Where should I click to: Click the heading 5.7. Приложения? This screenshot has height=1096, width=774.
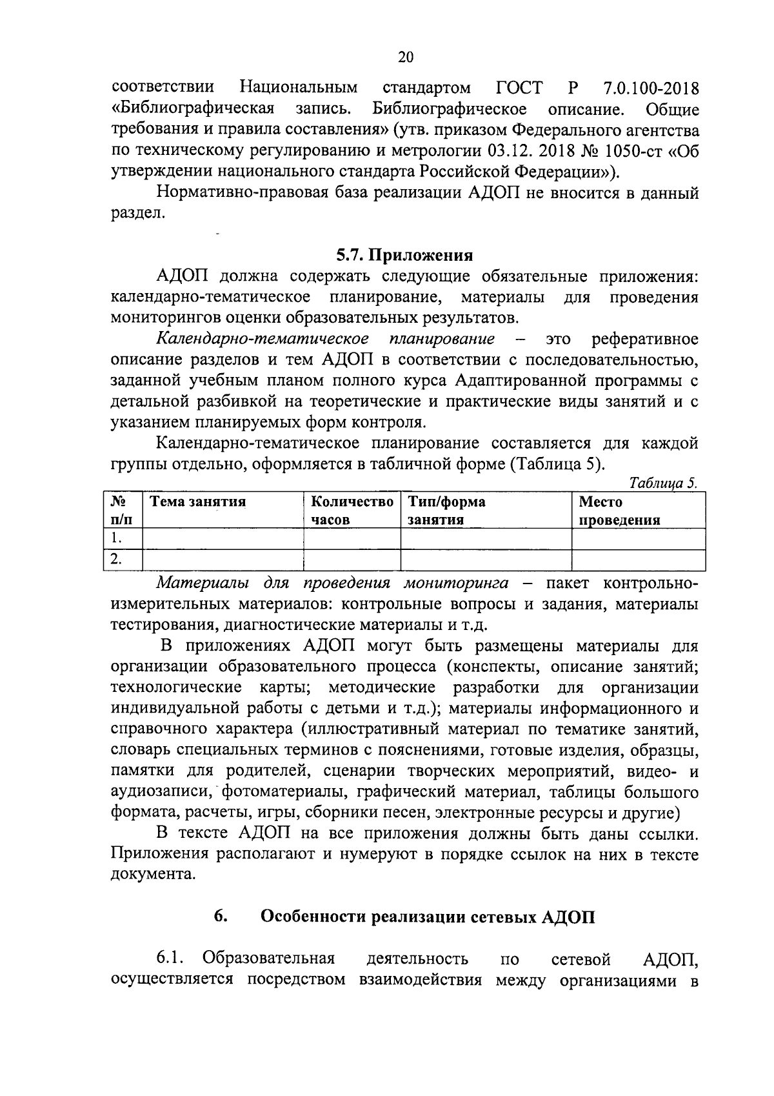[404, 255]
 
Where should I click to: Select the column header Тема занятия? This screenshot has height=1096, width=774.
[197, 502]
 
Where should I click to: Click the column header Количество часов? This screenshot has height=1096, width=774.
[352, 511]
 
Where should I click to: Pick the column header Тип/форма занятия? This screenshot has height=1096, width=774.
[446, 511]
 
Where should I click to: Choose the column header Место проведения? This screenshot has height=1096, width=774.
[619, 511]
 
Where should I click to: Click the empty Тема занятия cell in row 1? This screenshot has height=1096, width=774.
[223, 538]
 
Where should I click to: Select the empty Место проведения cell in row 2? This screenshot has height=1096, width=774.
[638, 560]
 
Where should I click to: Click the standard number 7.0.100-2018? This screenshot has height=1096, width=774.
[651, 88]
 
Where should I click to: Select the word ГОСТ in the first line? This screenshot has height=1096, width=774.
[520, 88]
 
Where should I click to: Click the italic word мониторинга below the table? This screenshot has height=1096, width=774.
[455, 584]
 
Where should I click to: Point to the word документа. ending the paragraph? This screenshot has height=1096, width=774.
[153, 875]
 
